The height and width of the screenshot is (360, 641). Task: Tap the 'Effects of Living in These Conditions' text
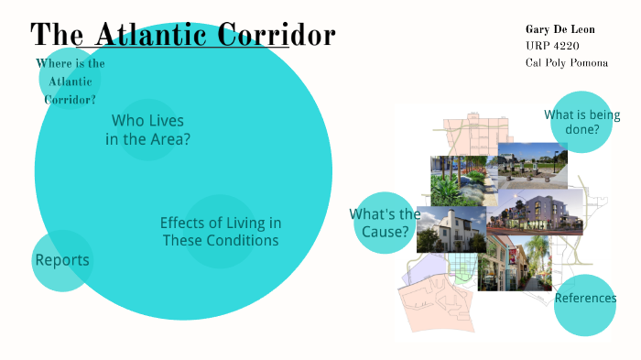(220, 232)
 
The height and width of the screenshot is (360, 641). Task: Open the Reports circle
(62, 260)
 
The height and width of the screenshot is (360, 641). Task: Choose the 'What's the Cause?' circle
(385, 223)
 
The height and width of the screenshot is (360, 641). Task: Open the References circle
(585, 299)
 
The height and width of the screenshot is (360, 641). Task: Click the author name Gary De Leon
(560, 29)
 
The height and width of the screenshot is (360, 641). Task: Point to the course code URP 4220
(552, 46)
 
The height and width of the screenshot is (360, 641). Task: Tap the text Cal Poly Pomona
(567, 62)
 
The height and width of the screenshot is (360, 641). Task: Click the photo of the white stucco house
(451, 230)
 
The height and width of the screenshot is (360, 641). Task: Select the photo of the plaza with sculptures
(532, 166)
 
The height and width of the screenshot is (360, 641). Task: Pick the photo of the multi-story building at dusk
(535, 213)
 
